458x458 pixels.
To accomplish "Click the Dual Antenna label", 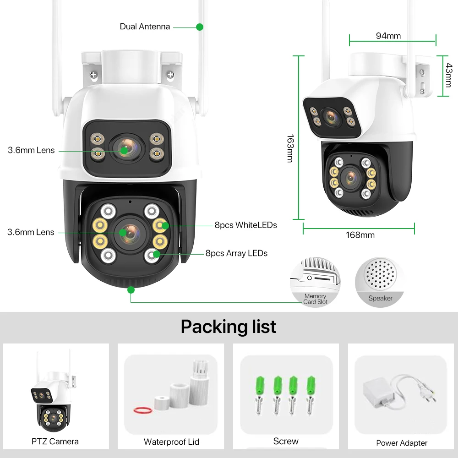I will pyautogui.click(x=145, y=27).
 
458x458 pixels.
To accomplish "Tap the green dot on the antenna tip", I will pyautogui.click(x=200, y=27).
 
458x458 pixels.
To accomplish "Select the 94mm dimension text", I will pyautogui.click(x=388, y=36).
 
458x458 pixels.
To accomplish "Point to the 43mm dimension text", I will pyautogui.click(x=449, y=75).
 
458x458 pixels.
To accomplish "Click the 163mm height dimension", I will pyautogui.click(x=289, y=148).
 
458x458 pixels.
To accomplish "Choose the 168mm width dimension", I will pyautogui.click(x=360, y=235).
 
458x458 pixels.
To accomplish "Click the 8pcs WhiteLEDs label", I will pyautogui.click(x=245, y=225).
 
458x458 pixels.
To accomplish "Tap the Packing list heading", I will pyautogui.click(x=229, y=327).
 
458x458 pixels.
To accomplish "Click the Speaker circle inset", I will pyautogui.click(x=380, y=282).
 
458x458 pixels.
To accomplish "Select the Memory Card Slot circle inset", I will pyautogui.click(x=316, y=282).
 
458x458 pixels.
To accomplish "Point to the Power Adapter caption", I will pyautogui.click(x=402, y=443).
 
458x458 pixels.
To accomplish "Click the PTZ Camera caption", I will pyautogui.click(x=55, y=442).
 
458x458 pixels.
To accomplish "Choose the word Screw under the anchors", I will pyautogui.click(x=286, y=441).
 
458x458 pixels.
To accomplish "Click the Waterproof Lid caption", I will pyautogui.click(x=171, y=442).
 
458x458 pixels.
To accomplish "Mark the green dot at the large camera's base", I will pyautogui.click(x=131, y=289).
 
